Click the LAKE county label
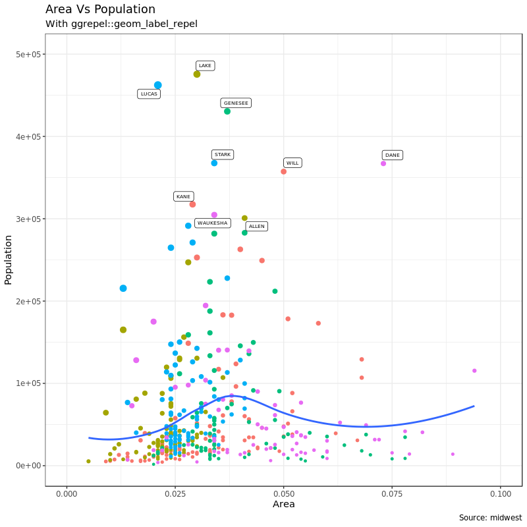click(206, 66)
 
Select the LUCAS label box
click(149, 94)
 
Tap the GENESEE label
click(236, 103)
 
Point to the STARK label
click(223, 155)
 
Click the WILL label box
click(292, 163)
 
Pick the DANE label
click(393, 155)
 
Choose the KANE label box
click(183, 196)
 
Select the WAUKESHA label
click(213, 223)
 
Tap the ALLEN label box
click(257, 227)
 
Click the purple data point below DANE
click(383, 163)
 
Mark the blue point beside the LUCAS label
click(158, 85)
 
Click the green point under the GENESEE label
click(227, 111)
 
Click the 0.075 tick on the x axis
click(392, 493)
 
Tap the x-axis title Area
click(283, 505)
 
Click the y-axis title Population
click(9, 260)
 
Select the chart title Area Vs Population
click(100, 9)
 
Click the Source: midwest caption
click(490, 518)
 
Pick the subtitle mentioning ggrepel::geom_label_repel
click(121, 24)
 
